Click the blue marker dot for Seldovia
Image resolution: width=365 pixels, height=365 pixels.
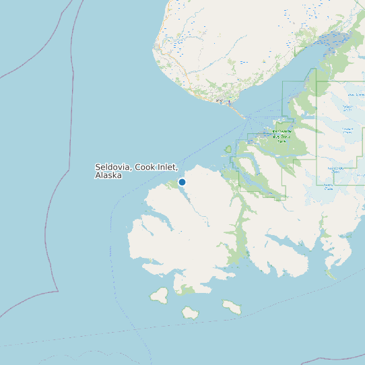click(182, 182)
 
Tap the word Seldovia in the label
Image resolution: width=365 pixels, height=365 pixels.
click(113, 167)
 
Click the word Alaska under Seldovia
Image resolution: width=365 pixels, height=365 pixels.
click(108, 175)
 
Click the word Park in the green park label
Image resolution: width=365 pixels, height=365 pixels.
click(281, 141)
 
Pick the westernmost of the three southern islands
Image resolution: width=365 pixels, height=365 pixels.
click(160, 294)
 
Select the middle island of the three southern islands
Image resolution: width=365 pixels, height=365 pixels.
click(190, 312)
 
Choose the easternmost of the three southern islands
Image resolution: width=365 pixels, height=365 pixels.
click(232, 307)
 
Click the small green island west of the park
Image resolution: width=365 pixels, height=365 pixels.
click(228, 150)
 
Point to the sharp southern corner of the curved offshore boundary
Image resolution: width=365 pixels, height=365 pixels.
click(57, 291)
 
